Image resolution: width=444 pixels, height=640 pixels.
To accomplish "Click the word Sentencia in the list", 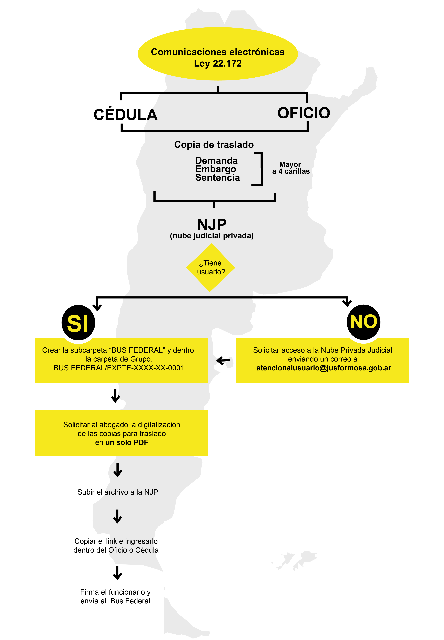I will click(x=217, y=177).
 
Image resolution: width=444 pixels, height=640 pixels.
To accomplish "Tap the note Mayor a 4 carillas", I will click(x=291, y=168).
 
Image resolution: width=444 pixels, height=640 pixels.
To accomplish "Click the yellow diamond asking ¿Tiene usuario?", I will click(x=211, y=268).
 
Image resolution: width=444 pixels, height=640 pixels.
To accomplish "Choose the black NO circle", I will click(x=363, y=322).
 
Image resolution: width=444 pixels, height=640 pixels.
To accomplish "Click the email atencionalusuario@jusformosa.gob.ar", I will click(x=324, y=368).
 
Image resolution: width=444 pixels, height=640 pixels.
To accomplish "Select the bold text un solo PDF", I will click(x=127, y=442).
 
